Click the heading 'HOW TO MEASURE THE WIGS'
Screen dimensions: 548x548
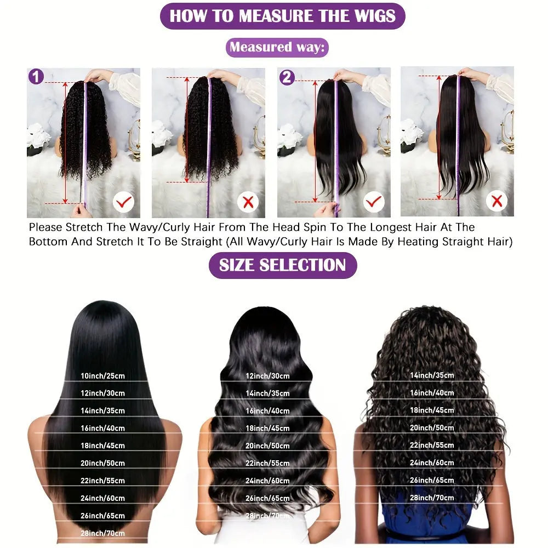[282, 16]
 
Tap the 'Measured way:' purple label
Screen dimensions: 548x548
[277, 47]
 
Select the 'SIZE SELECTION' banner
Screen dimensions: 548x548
[282, 265]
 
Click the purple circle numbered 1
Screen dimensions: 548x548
[36, 77]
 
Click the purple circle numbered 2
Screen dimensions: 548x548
[287, 77]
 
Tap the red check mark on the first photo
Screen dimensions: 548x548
[123, 203]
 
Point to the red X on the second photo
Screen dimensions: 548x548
[248, 203]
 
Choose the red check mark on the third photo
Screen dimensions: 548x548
[374, 203]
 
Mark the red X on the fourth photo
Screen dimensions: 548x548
[496, 202]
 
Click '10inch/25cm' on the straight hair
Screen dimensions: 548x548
[102, 376]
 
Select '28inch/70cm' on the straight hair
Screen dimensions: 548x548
[102, 533]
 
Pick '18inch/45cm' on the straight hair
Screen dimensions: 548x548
[102, 446]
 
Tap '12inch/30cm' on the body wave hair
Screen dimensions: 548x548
[267, 376]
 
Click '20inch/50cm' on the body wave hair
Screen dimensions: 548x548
[267, 446]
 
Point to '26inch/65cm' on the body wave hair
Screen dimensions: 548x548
[267, 498]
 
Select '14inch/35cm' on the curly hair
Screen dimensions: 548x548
[432, 375]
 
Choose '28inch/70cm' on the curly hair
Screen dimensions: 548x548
[432, 498]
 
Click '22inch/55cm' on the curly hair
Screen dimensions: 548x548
[432, 445]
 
